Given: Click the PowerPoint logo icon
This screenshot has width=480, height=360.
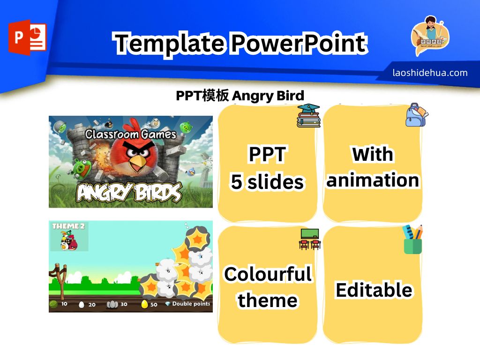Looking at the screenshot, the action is tap(27, 37).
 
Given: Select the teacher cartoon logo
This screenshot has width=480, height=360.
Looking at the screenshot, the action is tap(430, 36).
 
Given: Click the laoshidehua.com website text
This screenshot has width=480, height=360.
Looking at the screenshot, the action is tap(430, 73).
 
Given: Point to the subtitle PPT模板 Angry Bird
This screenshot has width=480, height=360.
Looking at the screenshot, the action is tap(240, 96).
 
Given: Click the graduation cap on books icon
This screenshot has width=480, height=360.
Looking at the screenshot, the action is tap(308, 115).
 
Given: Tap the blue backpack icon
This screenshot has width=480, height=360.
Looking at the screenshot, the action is tap(417, 115).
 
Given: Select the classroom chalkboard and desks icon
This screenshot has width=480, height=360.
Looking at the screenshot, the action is tap(310, 239).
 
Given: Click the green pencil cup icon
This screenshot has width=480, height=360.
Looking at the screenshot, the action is tap(413, 240).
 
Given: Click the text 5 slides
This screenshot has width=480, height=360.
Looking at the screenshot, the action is tap(267, 181).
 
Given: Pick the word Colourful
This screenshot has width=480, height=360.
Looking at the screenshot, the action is tap(268, 274).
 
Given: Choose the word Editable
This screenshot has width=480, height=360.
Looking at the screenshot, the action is tap(374, 290).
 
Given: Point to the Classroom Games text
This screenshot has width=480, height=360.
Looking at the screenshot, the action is tap(131, 134).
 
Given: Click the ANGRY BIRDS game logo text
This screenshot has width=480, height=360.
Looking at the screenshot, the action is tap(129, 193).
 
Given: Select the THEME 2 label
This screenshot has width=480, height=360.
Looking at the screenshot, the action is tap(68, 226).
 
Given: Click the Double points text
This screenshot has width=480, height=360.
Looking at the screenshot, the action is tap(191, 304).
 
